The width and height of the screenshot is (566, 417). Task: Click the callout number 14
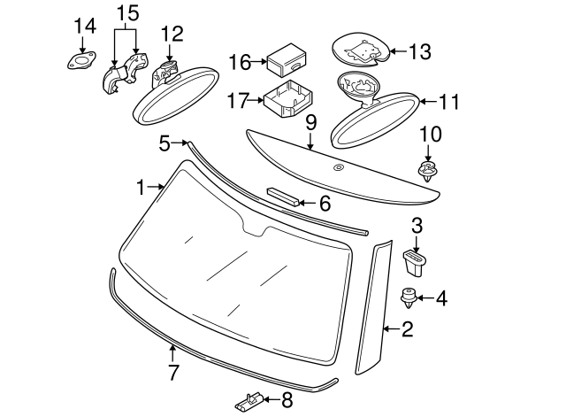[x=85, y=26]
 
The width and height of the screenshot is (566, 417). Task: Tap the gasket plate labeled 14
[x=82, y=60]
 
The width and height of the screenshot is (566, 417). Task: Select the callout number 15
[x=127, y=13]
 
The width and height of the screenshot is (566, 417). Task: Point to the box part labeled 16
[x=287, y=60]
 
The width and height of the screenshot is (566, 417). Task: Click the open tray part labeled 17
[x=288, y=99]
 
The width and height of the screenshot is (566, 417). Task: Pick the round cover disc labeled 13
[x=361, y=49]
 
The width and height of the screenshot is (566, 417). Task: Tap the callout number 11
[x=449, y=102]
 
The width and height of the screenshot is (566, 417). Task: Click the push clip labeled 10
[x=428, y=172]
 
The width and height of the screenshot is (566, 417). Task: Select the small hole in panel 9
[x=338, y=167]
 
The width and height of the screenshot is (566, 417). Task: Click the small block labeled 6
[x=283, y=197]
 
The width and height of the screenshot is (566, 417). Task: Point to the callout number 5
[x=164, y=143]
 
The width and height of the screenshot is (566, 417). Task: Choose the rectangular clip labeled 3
[x=415, y=264]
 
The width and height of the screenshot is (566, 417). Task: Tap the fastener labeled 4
[x=409, y=298]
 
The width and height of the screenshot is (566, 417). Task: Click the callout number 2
[x=408, y=329]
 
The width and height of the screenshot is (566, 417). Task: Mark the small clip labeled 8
[x=249, y=402]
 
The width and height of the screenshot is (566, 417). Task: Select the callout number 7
[x=173, y=372]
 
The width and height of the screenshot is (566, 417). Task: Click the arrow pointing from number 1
[x=156, y=187]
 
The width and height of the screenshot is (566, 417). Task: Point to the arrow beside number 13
[x=399, y=51]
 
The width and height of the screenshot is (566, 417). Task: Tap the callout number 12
[x=172, y=34]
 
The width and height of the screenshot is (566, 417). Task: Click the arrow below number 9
[x=310, y=141]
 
